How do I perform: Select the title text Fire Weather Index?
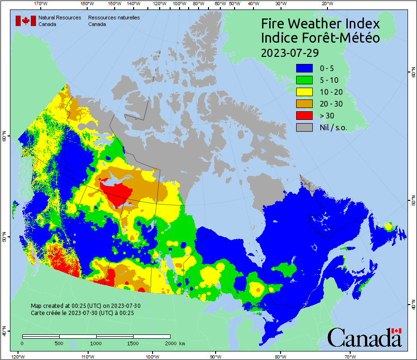click(x=320, y=24)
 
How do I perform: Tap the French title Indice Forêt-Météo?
click(x=320, y=38)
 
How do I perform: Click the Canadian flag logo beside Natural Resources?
click(x=26, y=21)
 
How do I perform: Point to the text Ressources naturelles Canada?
click(x=114, y=21)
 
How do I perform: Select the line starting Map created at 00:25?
click(x=85, y=306)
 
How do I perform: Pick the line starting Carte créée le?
click(x=82, y=313)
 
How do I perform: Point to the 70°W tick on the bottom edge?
click(x=350, y=356)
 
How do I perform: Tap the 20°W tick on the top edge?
click(x=326, y=4)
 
